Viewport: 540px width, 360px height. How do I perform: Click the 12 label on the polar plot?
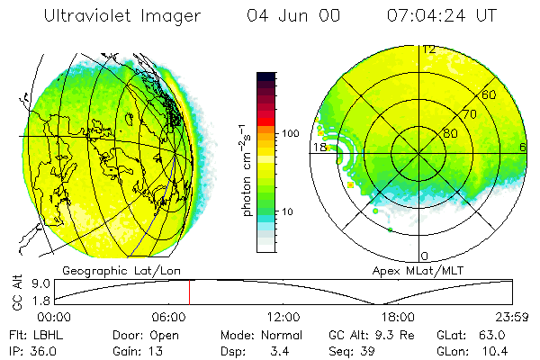click(x=429, y=49)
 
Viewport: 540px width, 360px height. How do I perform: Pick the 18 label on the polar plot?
click(x=319, y=147)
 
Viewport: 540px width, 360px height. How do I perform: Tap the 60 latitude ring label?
click(x=490, y=94)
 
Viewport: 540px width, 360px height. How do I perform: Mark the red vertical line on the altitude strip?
click(x=190, y=292)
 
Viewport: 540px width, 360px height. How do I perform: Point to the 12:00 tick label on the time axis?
click(x=284, y=317)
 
